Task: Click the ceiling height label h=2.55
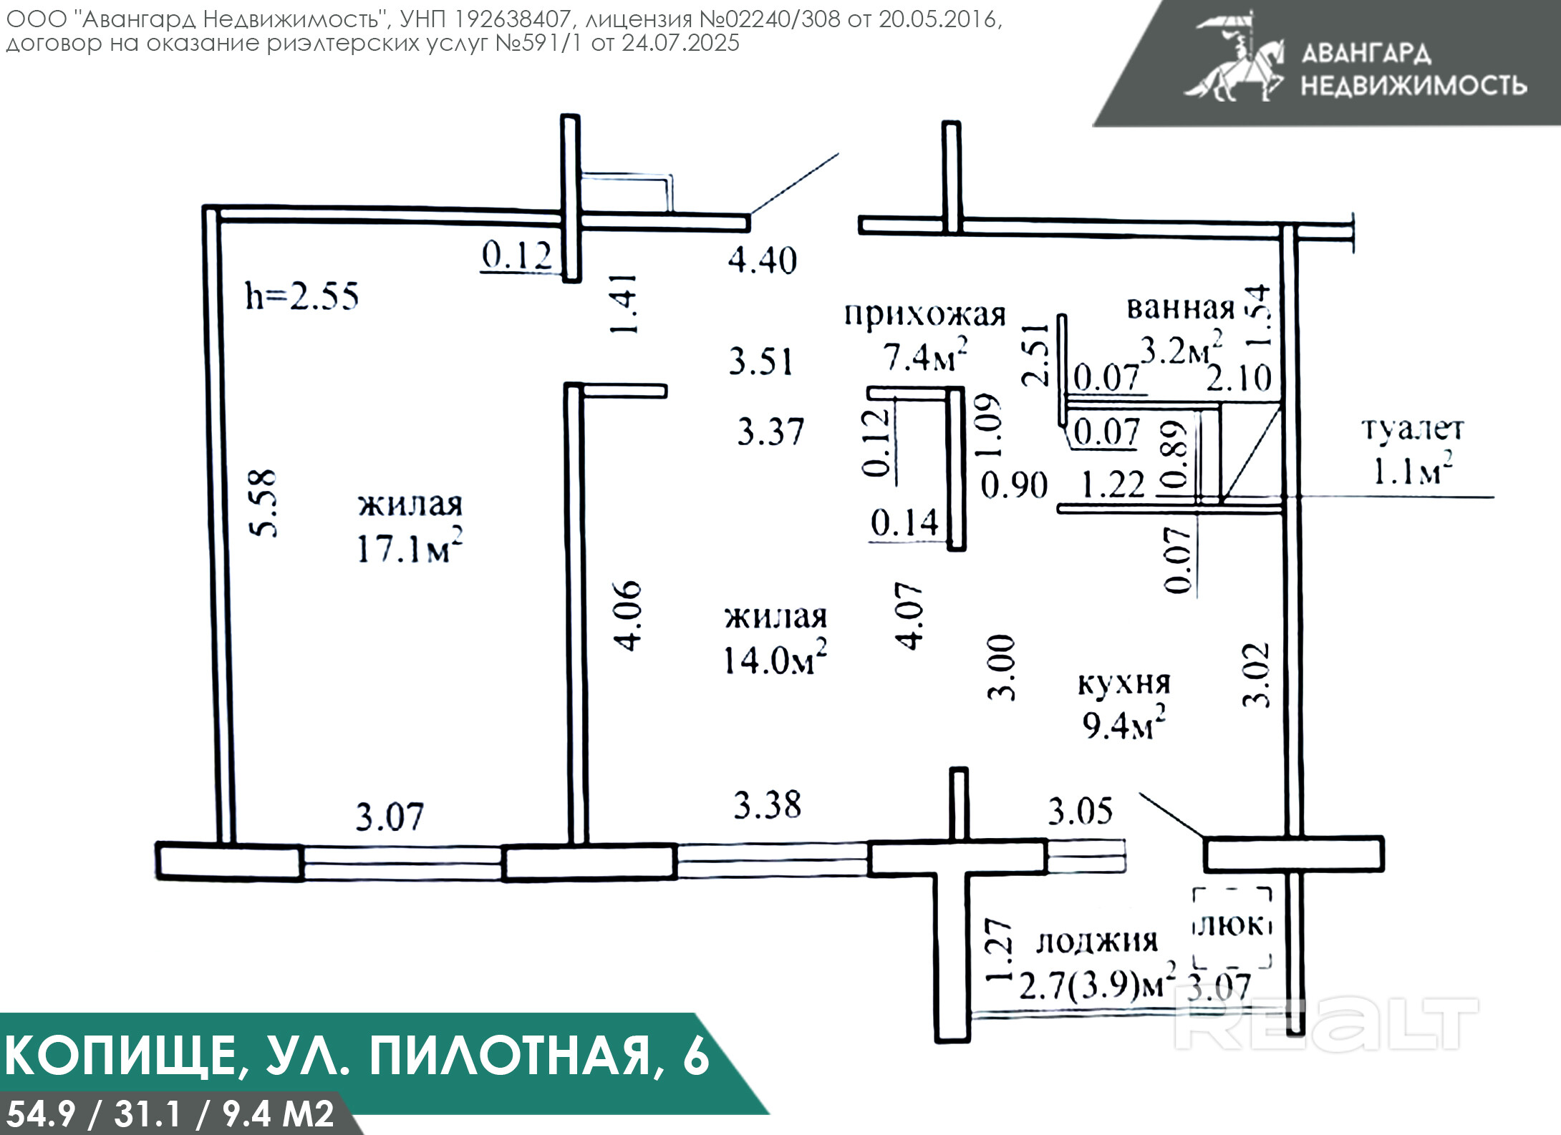[301, 296]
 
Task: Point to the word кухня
[1124, 683]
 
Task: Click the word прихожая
[925, 314]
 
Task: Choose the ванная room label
[1181, 308]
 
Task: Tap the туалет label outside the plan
[1413, 429]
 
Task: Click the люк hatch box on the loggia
[1232, 927]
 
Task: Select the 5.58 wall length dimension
[263, 502]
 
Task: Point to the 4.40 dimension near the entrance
[762, 260]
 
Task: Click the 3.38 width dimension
[767, 805]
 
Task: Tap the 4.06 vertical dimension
[629, 615]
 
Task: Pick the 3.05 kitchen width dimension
[1081, 812]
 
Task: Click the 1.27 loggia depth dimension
[1000, 950]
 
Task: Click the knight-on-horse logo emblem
[1236, 57]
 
